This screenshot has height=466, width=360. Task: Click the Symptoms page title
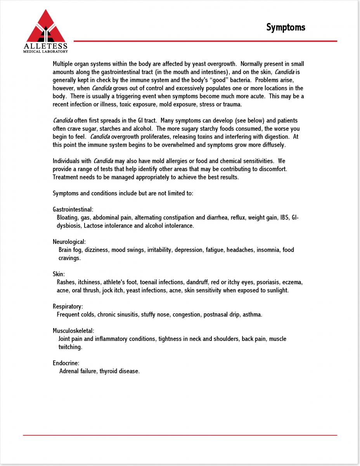(x=286, y=27)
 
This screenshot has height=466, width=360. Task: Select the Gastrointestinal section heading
(x=73, y=209)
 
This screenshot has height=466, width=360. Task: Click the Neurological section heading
(x=69, y=242)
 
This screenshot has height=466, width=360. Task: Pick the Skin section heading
(x=59, y=274)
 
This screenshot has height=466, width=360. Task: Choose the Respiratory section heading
(x=67, y=306)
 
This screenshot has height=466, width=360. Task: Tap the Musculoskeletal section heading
(x=73, y=331)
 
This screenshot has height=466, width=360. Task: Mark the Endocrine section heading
(x=66, y=363)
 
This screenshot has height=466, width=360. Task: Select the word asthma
(x=252, y=315)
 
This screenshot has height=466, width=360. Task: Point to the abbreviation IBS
(x=284, y=217)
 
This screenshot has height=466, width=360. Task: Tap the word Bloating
(x=67, y=217)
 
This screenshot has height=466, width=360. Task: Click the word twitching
(x=70, y=347)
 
